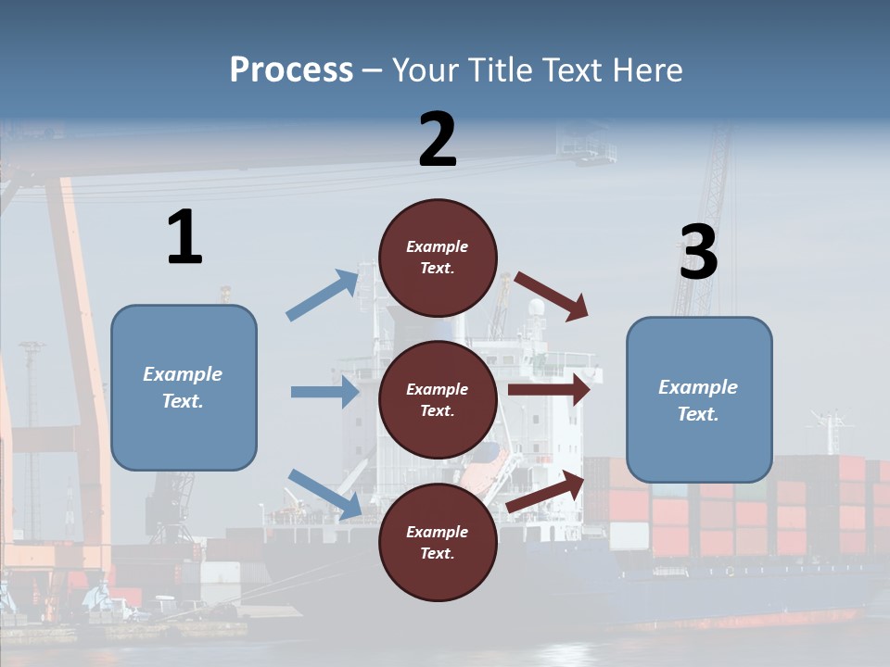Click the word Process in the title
[x=291, y=70]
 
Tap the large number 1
[x=184, y=238]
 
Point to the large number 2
[x=438, y=140]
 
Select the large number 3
[x=698, y=253]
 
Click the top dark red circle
[x=438, y=258]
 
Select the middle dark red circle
[x=438, y=400]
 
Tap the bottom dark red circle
[x=438, y=543]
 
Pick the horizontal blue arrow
[x=324, y=392]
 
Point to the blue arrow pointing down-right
[x=324, y=493]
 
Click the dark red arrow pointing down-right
[x=553, y=296]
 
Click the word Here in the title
[x=646, y=70]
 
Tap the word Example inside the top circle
[x=438, y=246]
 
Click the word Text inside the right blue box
[x=698, y=414]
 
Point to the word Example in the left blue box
[x=183, y=374]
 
